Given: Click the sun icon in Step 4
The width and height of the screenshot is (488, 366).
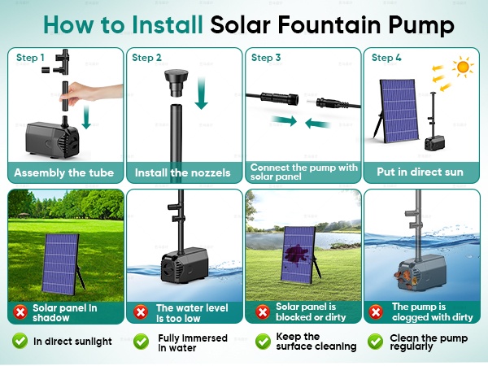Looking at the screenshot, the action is (463, 67).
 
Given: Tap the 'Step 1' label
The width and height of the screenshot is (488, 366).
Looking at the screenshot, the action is (30, 58).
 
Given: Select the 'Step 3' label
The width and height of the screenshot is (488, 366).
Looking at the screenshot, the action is (266, 58).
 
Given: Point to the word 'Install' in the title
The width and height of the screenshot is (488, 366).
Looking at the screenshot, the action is (168, 24).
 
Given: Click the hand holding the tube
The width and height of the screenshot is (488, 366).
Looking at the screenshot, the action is (91, 93).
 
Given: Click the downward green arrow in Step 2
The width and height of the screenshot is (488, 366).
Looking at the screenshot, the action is (202, 94).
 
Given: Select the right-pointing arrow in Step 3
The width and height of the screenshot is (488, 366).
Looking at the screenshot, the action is (284, 120).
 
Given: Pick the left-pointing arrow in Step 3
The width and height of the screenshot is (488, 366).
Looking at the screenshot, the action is (317, 124).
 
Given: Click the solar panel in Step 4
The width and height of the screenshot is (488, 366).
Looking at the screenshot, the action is (398, 111).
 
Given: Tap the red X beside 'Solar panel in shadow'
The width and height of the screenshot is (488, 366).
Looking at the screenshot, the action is (20, 312).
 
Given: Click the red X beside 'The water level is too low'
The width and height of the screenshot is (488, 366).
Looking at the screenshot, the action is (141, 312).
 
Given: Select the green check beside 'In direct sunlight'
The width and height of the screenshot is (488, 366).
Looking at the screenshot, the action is (20, 341).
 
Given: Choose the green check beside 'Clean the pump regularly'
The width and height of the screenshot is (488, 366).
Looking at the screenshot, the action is (375, 342).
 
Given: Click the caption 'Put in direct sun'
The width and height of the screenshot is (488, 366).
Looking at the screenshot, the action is (420, 172).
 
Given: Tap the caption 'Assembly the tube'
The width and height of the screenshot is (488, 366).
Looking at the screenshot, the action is (63, 172).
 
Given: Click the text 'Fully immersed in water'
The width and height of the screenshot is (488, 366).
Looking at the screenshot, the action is (193, 342).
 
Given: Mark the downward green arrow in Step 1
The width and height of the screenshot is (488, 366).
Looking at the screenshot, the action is (86, 117).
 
